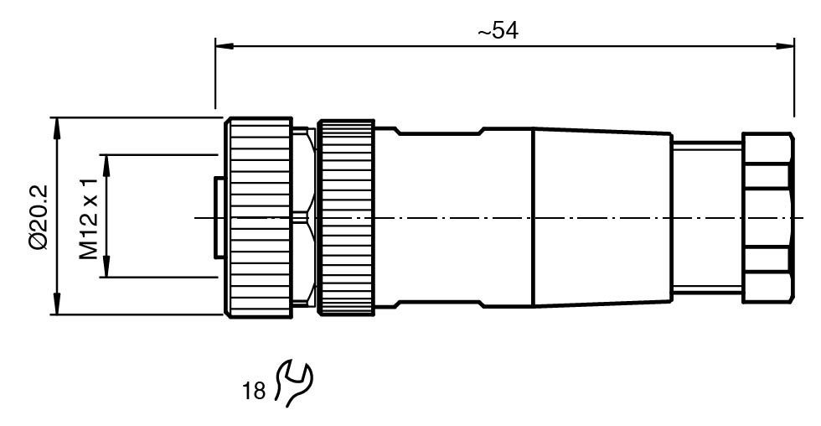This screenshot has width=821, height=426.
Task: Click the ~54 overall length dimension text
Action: point(498,31)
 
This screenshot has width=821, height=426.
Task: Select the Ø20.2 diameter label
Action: point(38,216)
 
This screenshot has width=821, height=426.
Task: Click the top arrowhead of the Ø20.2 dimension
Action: point(57,124)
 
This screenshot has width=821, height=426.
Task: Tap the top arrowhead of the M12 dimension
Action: point(106,160)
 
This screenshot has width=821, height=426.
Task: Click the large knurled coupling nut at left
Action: point(257,216)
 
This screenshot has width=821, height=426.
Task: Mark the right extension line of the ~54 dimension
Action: point(793,84)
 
